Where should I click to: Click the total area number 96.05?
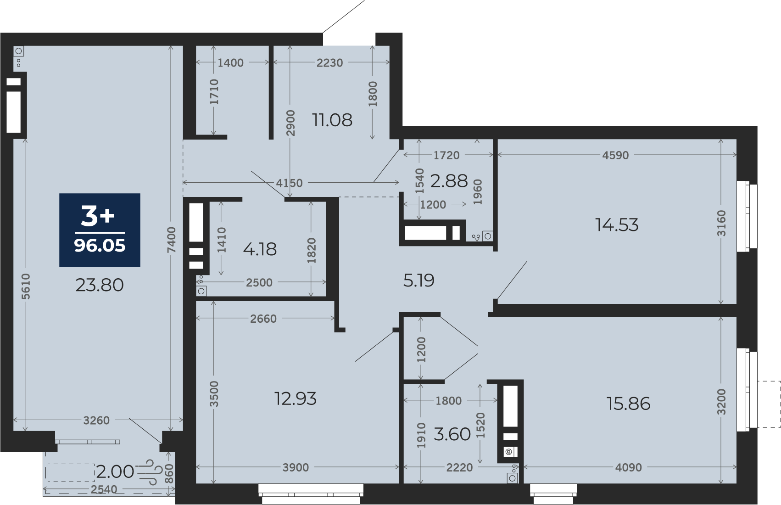coord(100,246)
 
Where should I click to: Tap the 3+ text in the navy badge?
coord(98,216)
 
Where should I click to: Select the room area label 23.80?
coord(100,285)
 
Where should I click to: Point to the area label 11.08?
coord(332,120)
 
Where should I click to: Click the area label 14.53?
coord(617,225)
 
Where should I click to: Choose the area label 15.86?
coord(629,404)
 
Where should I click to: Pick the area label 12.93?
coord(296,398)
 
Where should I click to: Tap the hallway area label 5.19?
coord(419,281)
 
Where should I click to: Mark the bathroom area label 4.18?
coord(260,249)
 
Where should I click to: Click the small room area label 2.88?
coord(449,181)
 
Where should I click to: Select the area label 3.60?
coord(452,434)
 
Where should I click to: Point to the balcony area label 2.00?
coord(115,472)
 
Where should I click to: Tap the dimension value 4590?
coord(615,155)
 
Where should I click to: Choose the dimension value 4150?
coord(290,183)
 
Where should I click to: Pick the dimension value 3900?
coord(296,467)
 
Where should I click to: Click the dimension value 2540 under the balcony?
coord(104,490)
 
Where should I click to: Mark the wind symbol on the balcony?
coord(146,472)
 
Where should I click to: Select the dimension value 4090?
coord(628,467)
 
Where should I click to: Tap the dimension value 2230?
coord(330,63)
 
